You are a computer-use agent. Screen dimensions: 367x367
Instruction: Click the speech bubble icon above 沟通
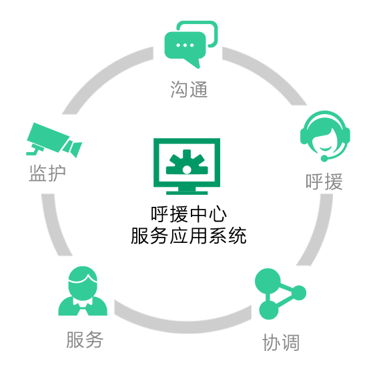coord(191,45)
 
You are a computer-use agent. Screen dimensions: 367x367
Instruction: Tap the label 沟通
coord(189,89)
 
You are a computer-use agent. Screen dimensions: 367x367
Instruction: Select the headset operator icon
coord(325,136)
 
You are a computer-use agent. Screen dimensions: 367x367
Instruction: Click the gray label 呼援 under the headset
coord(324,181)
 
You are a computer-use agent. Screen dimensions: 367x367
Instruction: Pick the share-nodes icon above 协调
coord(280,294)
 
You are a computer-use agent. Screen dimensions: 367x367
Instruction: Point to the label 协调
coord(281,342)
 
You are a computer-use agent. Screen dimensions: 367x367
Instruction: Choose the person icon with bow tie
coord(83,291)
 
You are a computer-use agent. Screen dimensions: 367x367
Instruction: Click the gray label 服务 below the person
coord(85,340)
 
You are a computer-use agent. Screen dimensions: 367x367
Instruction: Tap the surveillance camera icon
coord(54,140)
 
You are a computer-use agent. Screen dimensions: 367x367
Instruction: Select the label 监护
coord(47,173)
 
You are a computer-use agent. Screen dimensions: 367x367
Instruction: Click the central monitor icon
coord(187,166)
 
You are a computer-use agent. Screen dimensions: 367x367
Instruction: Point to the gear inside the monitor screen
coord(187,162)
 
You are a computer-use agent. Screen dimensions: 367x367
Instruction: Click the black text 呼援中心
coord(189,214)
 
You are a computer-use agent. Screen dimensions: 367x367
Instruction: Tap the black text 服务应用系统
coord(189,236)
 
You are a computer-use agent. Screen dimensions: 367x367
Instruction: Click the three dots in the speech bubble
coord(185,45)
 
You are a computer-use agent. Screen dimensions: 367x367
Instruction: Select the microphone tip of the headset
coord(324,158)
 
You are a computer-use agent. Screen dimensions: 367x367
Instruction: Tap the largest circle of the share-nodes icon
coord(268,281)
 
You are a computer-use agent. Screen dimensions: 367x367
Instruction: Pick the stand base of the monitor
coord(187,193)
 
